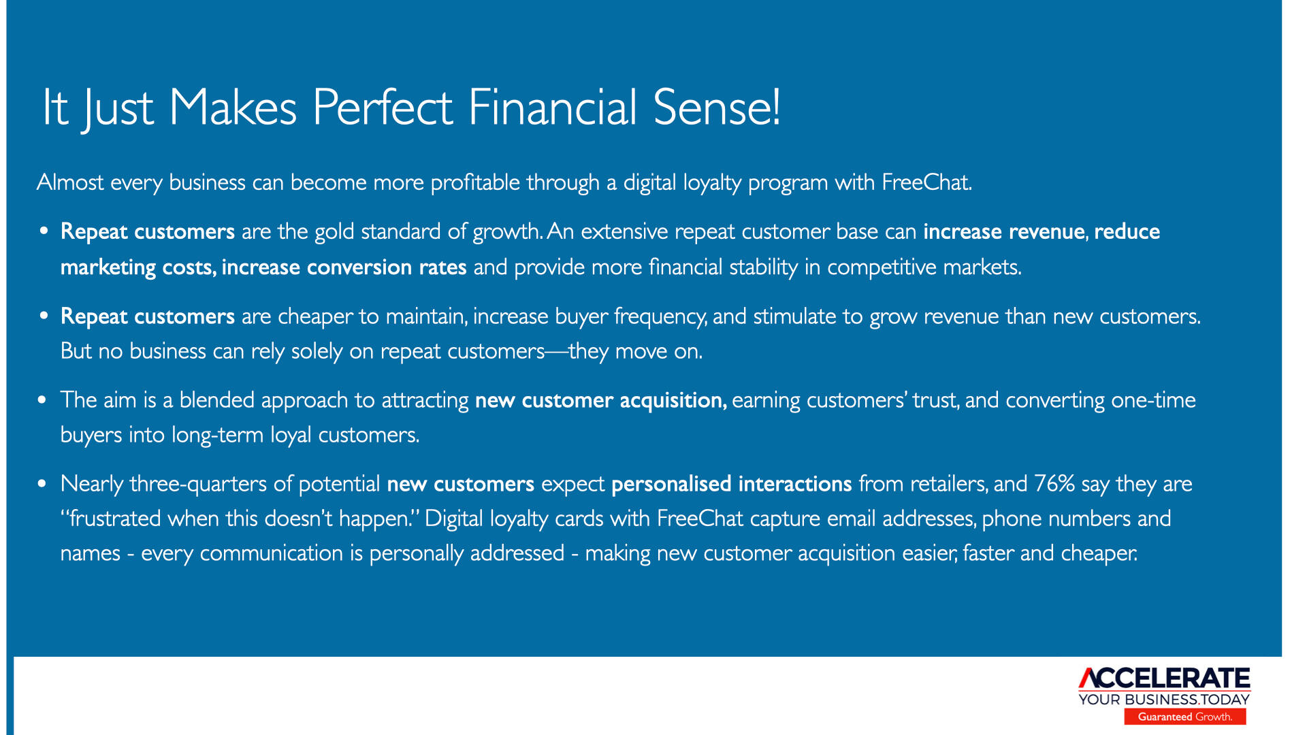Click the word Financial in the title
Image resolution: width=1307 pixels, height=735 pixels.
click(552, 107)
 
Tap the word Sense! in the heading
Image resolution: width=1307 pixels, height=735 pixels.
click(717, 107)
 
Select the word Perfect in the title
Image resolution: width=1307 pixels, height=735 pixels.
click(383, 107)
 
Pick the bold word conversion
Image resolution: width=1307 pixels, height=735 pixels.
click(359, 267)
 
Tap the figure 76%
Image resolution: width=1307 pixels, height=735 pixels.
click(1054, 483)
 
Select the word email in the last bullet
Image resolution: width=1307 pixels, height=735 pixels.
click(856, 519)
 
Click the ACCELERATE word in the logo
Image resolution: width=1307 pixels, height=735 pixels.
click(1165, 679)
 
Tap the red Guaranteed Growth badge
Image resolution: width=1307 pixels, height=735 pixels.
click(1185, 717)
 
